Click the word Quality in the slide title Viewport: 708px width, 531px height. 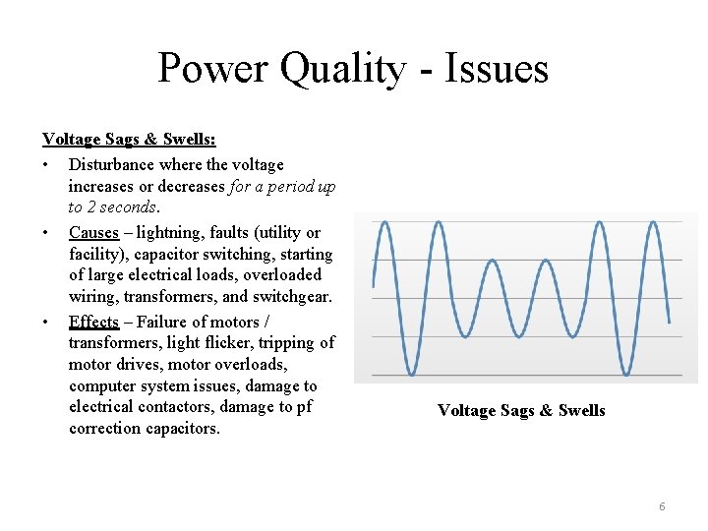pos(341,69)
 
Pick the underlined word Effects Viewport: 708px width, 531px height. pos(93,322)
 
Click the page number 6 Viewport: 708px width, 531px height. pos(662,506)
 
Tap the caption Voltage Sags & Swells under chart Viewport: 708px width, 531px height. pos(521,411)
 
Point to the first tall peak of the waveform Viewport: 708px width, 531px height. pos(384,222)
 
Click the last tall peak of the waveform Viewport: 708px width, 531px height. pos(650,222)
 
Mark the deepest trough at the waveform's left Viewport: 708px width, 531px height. pos(411,374)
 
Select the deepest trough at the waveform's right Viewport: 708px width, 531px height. pos(624,374)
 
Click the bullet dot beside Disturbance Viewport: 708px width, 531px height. pos(46,165)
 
